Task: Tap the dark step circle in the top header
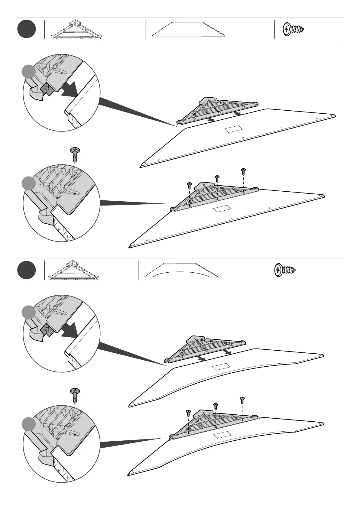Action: click(27, 29)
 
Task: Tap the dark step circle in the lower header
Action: click(27, 270)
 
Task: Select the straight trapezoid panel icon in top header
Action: click(189, 29)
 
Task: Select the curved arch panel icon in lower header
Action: click(181, 270)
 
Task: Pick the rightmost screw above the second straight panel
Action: click(243, 171)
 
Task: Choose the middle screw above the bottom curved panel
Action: click(216, 406)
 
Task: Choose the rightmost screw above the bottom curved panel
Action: click(242, 400)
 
